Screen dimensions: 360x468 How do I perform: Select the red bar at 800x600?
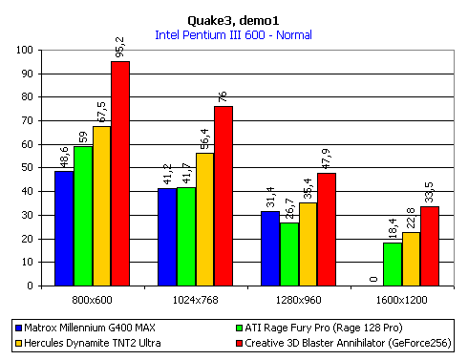(x=120, y=173)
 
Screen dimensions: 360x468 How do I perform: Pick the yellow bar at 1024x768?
(x=204, y=219)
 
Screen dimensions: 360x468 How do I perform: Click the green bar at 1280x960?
(x=288, y=253)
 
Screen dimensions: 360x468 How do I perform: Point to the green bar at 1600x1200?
(x=392, y=264)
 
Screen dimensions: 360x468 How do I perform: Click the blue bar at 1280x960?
(x=270, y=248)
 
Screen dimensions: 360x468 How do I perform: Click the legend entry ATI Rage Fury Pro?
(x=315, y=327)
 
